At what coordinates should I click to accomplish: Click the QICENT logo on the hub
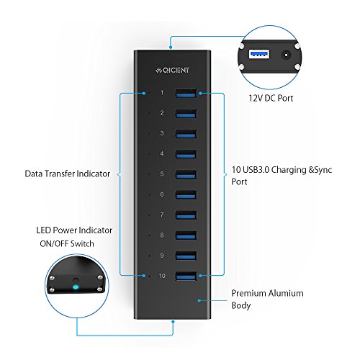tap(172, 70)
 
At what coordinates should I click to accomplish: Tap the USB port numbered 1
tap(186, 93)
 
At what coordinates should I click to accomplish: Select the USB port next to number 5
tap(186, 174)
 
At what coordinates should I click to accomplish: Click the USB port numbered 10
tap(186, 276)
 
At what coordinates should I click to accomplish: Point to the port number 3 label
tap(162, 133)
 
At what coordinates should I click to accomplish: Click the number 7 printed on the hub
tap(162, 215)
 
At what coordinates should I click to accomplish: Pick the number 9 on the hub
tap(162, 256)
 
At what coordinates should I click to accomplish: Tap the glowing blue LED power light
tap(76, 287)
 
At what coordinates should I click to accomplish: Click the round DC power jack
tap(286, 55)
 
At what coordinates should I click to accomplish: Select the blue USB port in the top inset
tap(259, 54)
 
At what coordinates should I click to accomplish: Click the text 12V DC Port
tap(271, 98)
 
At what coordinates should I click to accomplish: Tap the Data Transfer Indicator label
tap(68, 174)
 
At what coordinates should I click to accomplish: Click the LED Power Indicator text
tap(74, 230)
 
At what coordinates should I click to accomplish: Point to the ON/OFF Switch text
tap(67, 244)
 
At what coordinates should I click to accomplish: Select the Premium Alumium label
tap(267, 293)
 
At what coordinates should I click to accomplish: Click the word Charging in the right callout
tap(289, 170)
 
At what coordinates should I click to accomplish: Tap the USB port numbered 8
tap(186, 235)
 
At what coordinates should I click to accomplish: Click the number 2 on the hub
tap(162, 113)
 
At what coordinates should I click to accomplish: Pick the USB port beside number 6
tap(186, 195)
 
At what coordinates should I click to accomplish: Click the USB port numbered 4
tap(186, 154)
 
